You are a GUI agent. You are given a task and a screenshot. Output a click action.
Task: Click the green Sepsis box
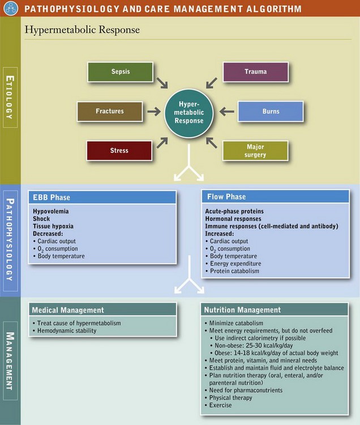(120, 72)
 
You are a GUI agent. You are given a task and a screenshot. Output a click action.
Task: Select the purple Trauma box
(255, 72)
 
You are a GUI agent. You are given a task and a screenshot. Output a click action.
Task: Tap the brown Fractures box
(110, 111)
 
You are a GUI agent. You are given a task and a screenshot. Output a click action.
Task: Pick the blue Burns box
(271, 111)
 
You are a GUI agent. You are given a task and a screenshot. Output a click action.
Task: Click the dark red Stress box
(119, 151)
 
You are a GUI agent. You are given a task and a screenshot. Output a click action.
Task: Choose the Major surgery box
(255, 151)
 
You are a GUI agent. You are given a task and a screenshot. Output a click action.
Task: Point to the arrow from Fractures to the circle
(153, 112)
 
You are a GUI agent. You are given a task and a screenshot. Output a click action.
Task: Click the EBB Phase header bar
(102, 198)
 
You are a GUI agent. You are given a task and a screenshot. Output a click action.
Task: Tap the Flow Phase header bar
(275, 197)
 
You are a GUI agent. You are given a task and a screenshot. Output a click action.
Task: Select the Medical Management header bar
(102, 310)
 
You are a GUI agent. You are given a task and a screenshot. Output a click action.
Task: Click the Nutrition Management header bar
(275, 310)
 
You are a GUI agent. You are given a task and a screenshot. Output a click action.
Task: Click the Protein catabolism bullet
(233, 271)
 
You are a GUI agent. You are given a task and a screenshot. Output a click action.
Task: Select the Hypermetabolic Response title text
(82, 29)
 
